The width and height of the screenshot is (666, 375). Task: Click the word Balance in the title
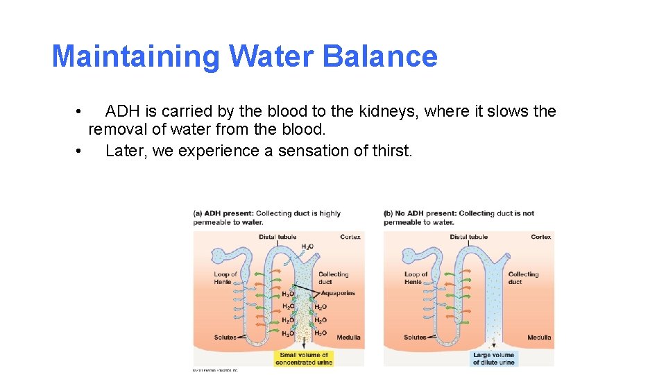(379, 56)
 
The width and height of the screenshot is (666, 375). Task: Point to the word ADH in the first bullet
(123, 111)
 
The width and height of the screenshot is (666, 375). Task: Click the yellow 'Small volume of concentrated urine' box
(304, 358)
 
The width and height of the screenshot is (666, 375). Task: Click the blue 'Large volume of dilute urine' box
(494, 358)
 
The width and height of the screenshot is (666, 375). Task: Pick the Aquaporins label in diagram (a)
(338, 293)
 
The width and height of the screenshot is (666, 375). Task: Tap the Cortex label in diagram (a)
(350, 237)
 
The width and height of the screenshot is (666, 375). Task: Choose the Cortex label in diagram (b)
(541, 237)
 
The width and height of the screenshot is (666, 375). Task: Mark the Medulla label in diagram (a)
(348, 337)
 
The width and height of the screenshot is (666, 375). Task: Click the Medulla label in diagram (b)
(539, 337)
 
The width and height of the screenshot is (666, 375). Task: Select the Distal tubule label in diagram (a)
(277, 237)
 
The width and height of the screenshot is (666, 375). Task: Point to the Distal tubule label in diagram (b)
(468, 237)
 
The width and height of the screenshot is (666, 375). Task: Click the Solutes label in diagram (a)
(225, 337)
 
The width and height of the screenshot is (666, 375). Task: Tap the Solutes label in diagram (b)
(415, 337)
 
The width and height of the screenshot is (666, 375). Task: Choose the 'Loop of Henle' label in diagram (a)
(225, 278)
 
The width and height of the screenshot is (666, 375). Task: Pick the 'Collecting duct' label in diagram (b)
(524, 278)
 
